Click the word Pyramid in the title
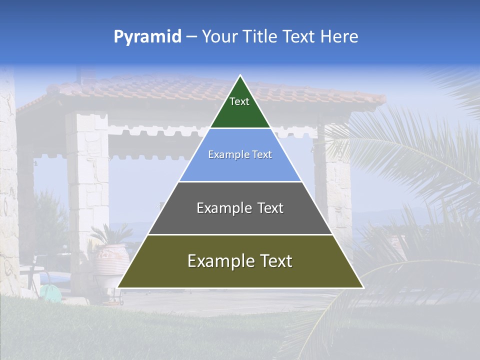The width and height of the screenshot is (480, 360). [147, 37]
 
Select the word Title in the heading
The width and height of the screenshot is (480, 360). [260, 36]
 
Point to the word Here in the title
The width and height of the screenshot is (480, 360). [339, 36]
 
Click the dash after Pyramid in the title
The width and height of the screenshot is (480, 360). [191, 37]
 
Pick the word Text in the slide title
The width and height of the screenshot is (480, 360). [299, 36]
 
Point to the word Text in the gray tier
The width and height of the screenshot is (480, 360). [270, 208]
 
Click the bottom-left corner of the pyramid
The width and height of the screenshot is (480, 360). [118, 287]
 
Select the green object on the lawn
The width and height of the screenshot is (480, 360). [49, 291]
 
